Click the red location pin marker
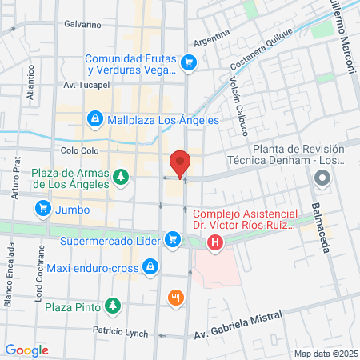pos(180,162)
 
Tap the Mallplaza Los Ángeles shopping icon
pos(94,120)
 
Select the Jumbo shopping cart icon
pos(42,210)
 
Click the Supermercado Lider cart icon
pos(172,238)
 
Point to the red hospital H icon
pos(214,243)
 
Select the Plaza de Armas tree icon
pos(120,175)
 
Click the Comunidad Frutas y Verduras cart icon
pos(189,61)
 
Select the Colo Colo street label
pos(78,150)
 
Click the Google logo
pos(26,350)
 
